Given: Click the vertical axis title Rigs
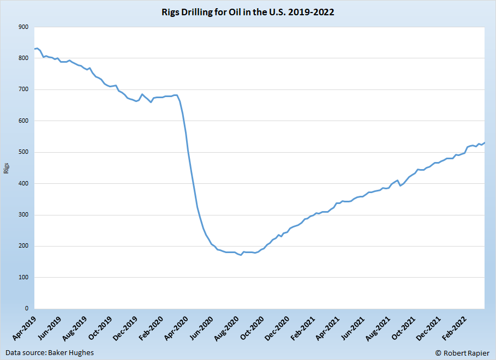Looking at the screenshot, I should pyautogui.click(x=7, y=168).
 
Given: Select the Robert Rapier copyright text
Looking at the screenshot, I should pyautogui.click(x=463, y=352).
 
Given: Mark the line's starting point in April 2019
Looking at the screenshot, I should pyautogui.click(x=34, y=49).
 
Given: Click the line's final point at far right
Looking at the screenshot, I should pyautogui.click(x=484, y=142).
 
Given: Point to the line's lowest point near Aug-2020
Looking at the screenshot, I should pyautogui.click(x=241, y=255).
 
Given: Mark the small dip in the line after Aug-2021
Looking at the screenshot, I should pyautogui.click(x=401, y=185).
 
